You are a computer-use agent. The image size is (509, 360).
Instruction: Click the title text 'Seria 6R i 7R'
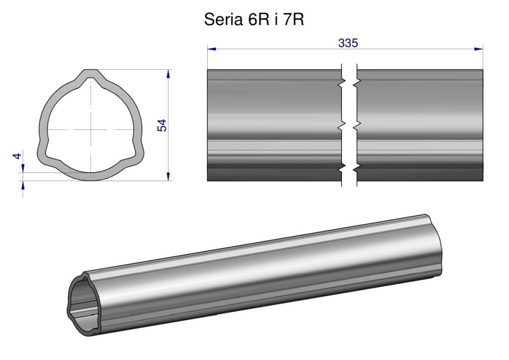pyautogui.click(x=254, y=20)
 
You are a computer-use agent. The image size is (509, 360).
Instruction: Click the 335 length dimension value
pyautogui.click(x=348, y=43)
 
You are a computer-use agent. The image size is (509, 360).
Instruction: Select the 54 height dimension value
pyautogui.click(x=162, y=125)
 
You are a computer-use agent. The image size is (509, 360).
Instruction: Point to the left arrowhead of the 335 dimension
pyautogui.click(x=212, y=49)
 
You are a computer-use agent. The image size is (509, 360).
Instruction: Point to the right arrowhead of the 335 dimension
pyautogui.click(x=479, y=49)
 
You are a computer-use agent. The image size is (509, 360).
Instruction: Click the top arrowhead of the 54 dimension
pyautogui.click(x=168, y=74)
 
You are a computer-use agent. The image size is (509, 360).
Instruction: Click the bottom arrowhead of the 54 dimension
pyautogui.click(x=168, y=176)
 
